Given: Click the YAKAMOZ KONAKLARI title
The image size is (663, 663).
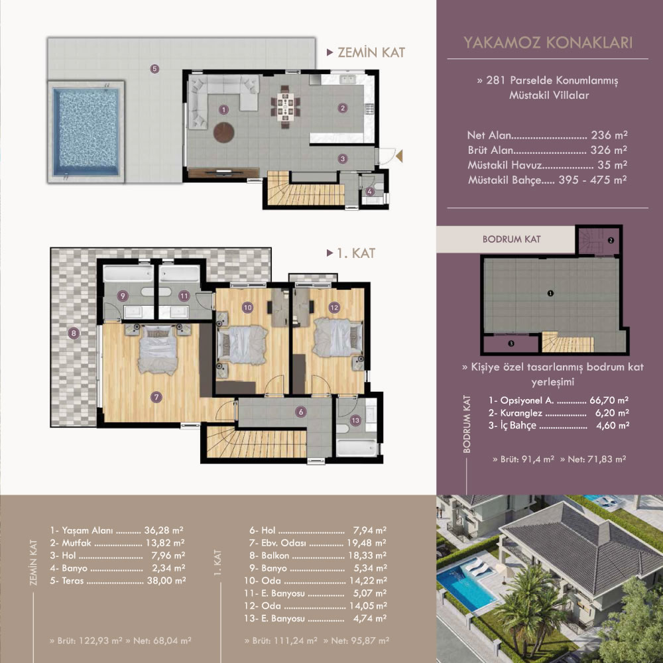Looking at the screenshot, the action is coord(548,42).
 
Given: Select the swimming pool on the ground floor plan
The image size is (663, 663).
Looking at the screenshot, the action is coord(86,132).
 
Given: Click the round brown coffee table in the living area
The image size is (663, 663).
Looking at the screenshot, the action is coord(223,133).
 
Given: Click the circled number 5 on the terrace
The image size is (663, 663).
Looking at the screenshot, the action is coord(154,68).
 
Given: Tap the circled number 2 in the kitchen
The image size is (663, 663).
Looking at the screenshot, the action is coord(343,108).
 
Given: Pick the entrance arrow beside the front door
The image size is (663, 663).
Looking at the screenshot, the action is coord(399,156).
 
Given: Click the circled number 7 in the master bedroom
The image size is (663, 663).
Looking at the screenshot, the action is coord(156,396).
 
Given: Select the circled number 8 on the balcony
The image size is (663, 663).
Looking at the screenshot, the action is coord(74,333).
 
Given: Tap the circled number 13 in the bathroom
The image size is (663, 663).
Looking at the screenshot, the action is coord(355,420).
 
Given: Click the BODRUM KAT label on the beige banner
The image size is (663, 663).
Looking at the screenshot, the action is coord(512,239).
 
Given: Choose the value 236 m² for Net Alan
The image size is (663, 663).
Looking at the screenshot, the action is coord(609,135).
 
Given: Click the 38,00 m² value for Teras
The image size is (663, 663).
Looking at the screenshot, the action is coord(166,581).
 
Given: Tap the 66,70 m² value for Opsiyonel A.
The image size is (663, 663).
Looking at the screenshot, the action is coord(609,400).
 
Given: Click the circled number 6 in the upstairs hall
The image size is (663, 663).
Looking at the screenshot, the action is coord(300,412).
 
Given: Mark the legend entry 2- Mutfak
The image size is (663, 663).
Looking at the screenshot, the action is coord(70,543).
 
